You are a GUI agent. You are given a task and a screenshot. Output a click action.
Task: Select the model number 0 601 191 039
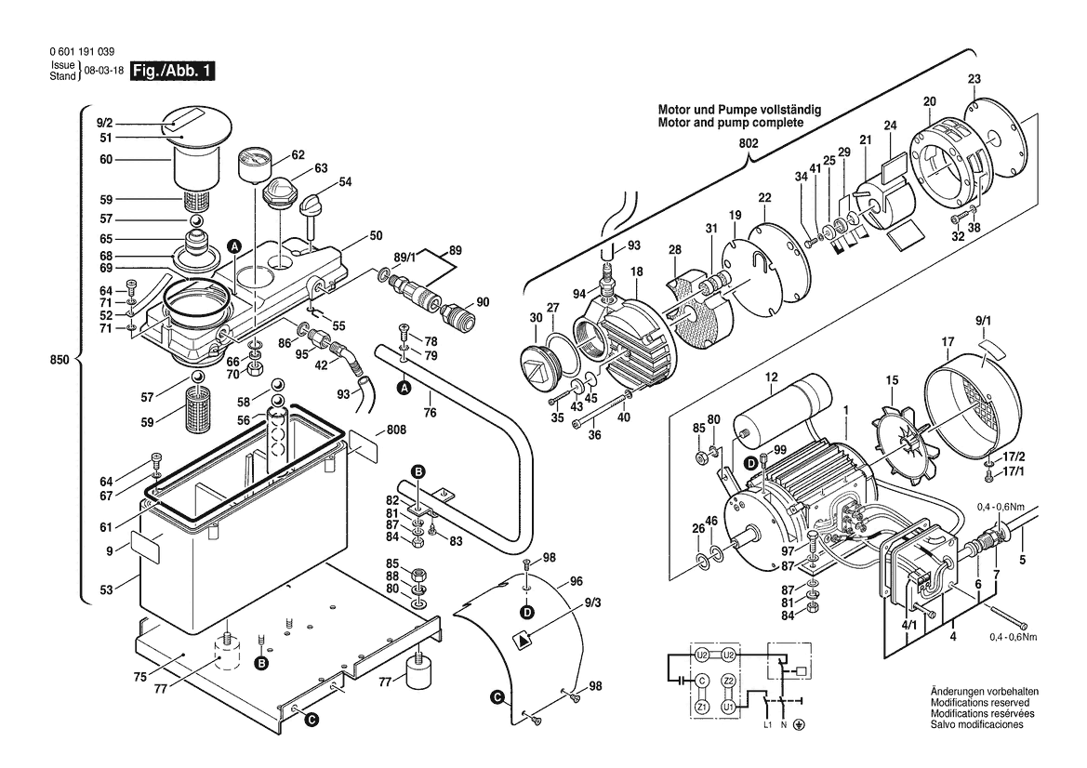pos(82,52)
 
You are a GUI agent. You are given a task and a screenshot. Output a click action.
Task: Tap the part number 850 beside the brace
pos(60,360)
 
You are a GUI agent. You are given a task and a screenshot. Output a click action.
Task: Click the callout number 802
pos(749,143)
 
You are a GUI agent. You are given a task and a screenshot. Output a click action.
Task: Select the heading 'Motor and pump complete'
pos(731,123)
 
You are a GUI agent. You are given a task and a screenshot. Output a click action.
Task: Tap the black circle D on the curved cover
pos(528,612)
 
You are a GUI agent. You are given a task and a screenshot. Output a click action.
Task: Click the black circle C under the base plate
pos(312,721)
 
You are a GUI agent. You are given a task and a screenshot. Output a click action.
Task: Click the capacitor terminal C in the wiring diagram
pos(701,681)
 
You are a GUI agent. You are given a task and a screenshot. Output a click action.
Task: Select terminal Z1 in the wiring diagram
pos(701,708)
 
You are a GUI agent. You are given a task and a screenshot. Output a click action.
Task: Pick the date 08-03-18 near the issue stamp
pos(103,71)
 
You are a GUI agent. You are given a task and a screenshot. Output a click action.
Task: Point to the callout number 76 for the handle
pos(430,413)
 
